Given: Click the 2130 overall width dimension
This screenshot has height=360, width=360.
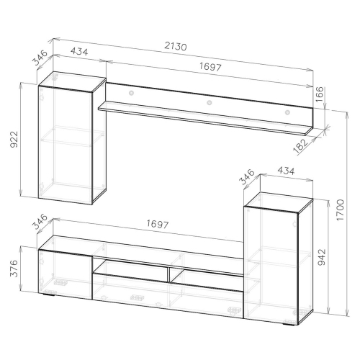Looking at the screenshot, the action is click(176, 46).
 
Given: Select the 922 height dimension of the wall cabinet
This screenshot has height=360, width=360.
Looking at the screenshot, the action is click(14, 139).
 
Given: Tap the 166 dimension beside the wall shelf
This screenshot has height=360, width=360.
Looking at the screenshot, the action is click(320, 94).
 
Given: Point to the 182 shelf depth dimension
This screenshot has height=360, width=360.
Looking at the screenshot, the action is click(301, 145).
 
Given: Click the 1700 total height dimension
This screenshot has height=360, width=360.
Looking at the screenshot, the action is click(340, 210).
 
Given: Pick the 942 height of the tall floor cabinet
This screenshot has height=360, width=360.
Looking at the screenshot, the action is click(322, 257).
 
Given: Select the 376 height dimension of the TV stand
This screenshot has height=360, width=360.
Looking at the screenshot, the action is click(14, 269).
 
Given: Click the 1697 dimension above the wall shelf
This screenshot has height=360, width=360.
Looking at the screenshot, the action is click(210, 66).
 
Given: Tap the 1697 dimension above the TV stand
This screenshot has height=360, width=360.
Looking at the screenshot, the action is click(158, 224).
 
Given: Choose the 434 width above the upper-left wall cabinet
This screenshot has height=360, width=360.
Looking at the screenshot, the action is click(79, 52).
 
